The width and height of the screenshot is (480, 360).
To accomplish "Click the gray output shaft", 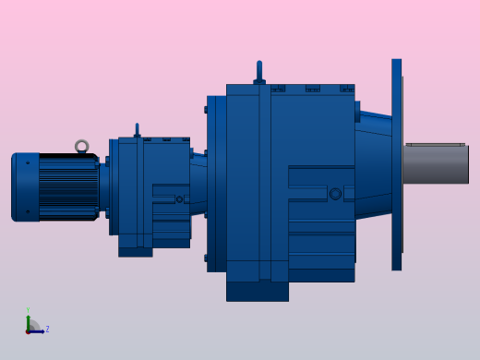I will [436, 164].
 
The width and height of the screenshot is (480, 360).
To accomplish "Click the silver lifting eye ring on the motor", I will [81, 146].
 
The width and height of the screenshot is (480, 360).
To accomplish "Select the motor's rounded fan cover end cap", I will [25, 187].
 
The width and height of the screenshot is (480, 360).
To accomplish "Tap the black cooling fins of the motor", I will [69, 186].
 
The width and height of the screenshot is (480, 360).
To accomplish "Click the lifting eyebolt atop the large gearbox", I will [259, 72].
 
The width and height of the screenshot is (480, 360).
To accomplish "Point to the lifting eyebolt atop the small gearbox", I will [137, 129].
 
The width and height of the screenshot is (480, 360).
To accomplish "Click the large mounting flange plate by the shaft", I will [396, 164].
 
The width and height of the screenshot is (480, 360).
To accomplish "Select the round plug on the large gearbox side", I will [335, 194].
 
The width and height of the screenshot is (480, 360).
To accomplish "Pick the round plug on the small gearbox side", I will [179, 199].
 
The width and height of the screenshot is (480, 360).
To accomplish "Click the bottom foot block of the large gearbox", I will [257, 291].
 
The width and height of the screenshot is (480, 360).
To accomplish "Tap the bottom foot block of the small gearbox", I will [135, 251].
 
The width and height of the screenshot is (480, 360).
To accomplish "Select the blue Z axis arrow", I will [38, 330].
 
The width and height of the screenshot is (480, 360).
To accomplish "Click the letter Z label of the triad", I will [47, 329].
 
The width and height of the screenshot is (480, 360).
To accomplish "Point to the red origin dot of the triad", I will [28, 330].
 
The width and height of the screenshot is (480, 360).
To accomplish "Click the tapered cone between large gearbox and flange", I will [373, 163].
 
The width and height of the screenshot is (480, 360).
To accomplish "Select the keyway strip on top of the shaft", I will [435, 144].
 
